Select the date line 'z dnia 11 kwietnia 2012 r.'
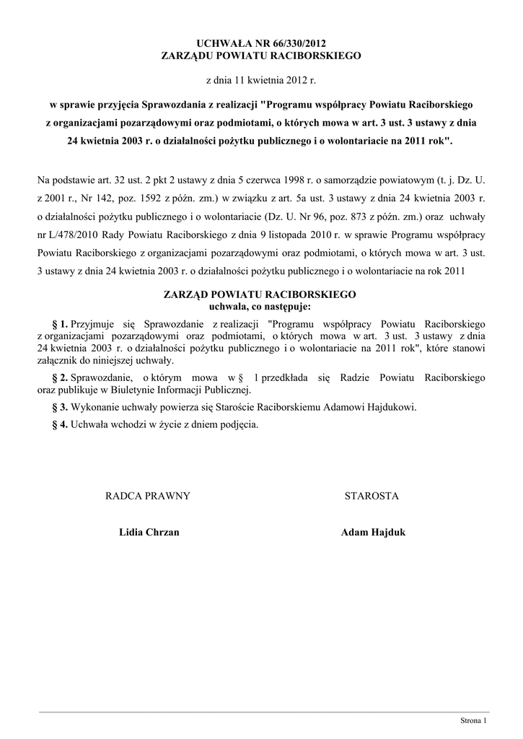tap(261, 75)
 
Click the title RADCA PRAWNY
tap(148, 496)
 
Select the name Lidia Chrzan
tap(149, 533)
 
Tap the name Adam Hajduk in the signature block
tap(373, 533)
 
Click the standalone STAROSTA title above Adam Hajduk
tap(372, 496)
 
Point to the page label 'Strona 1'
tap(474, 720)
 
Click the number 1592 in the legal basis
tap(154, 197)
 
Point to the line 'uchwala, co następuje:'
tap(260, 306)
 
